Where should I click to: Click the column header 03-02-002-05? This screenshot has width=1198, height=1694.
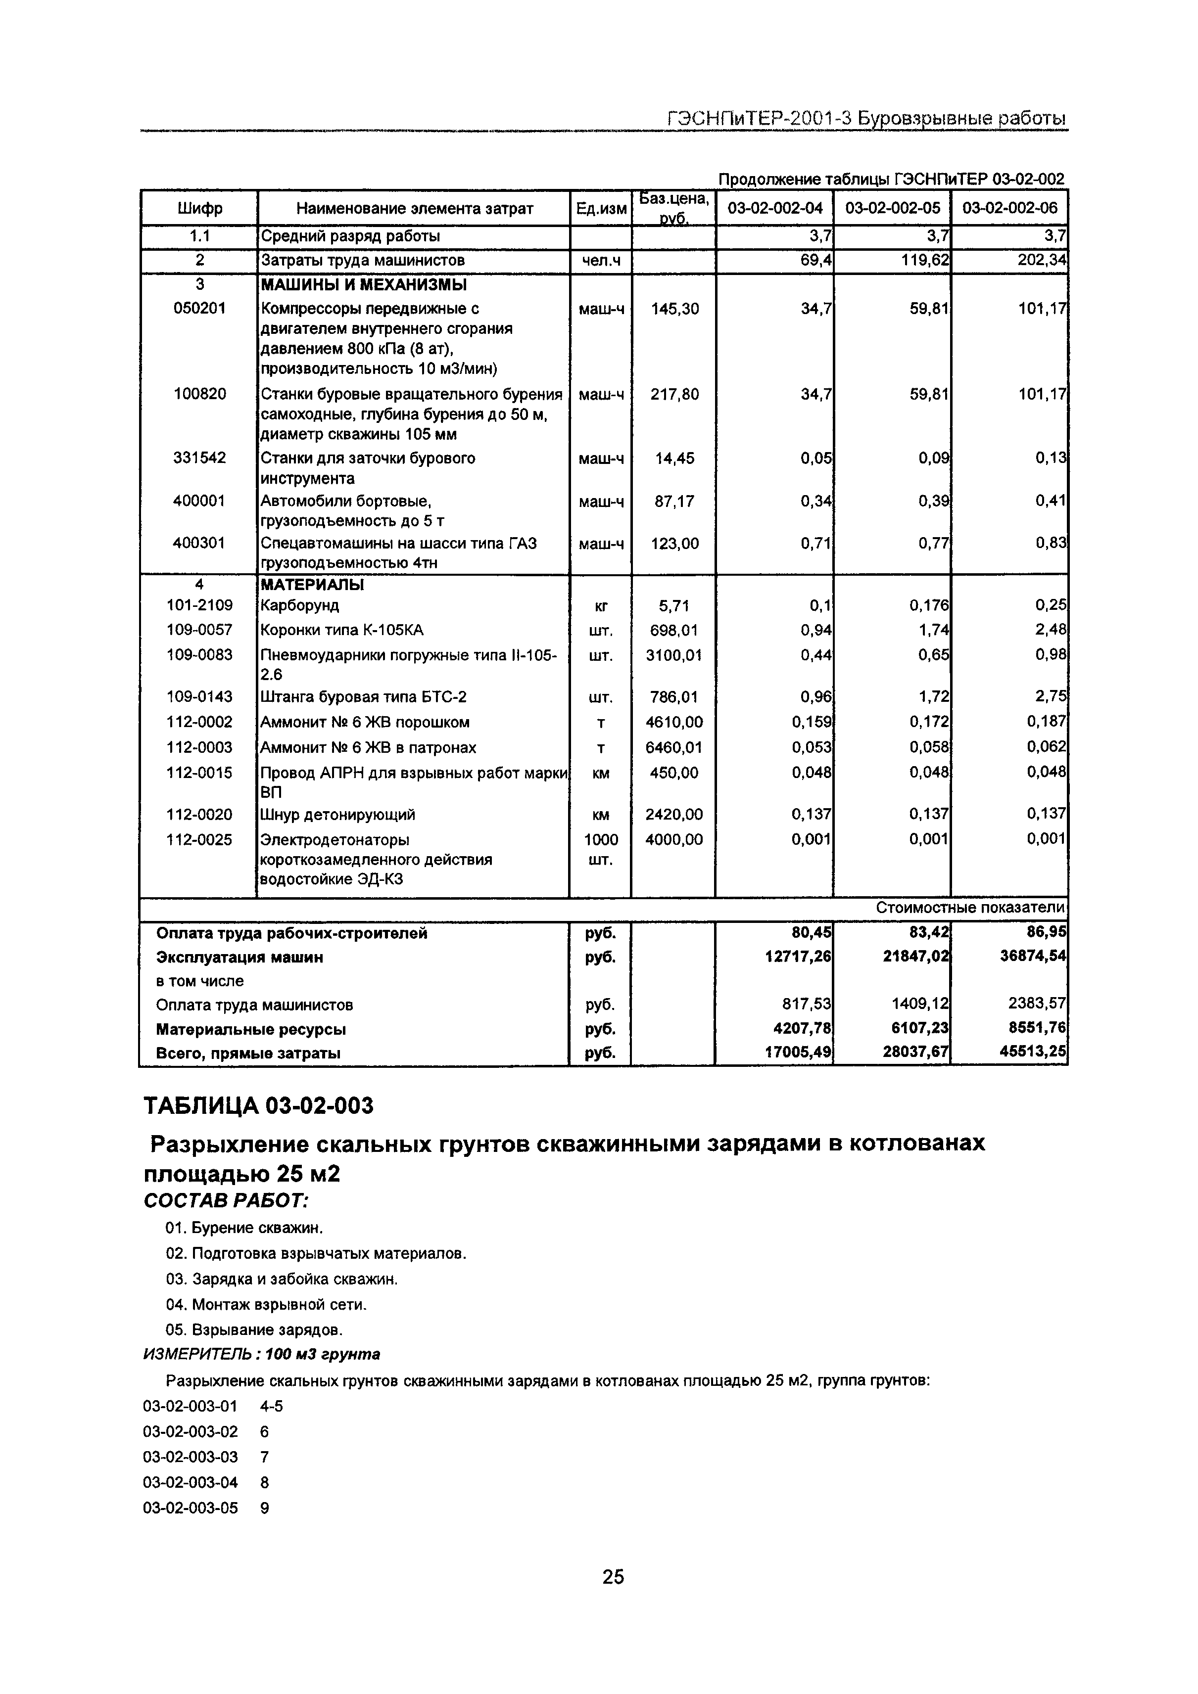click(x=892, y=208)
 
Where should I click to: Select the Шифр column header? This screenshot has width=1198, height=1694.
click(x=199, y=209)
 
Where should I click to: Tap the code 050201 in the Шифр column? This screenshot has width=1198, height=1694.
click(x=199, y=309)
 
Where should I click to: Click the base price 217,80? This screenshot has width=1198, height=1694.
click(x=674, y=395)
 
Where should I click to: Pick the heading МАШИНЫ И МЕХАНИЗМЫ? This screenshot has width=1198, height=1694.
click(x=363, y=285)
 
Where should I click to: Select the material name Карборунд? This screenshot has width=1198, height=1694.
click(x=300, y=606)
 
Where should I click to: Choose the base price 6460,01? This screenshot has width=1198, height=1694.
click(x=674, y=747)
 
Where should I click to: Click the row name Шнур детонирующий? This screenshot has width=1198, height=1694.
click(x=337, y=815)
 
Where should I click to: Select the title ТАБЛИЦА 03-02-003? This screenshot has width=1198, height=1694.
click(x=258, y=1106)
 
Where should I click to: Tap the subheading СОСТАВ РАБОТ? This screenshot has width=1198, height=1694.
click(x=225, y=1200)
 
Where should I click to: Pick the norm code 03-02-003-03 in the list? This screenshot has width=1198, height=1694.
click(x=191, y=1457)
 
